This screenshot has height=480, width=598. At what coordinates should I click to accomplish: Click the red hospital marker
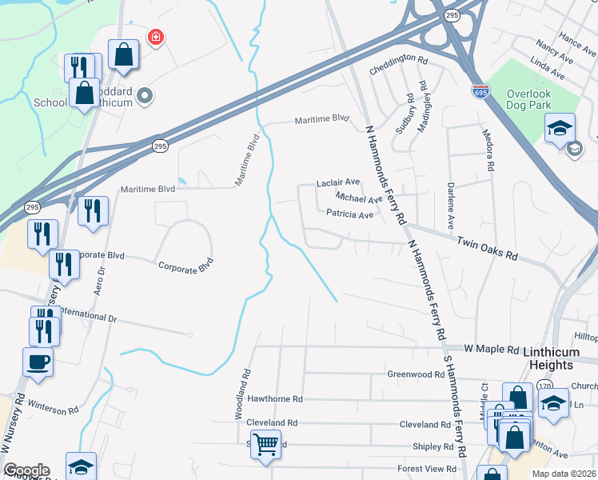156,37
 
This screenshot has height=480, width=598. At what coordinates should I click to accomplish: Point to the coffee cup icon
38,362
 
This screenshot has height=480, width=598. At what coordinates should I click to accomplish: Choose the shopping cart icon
266,442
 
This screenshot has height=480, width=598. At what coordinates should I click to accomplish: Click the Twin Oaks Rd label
487,249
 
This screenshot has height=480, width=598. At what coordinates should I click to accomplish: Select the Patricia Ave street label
350,214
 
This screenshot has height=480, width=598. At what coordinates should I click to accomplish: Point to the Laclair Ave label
338,182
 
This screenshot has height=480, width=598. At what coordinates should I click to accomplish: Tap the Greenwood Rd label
414,374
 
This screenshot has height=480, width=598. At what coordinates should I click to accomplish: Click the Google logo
26,470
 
